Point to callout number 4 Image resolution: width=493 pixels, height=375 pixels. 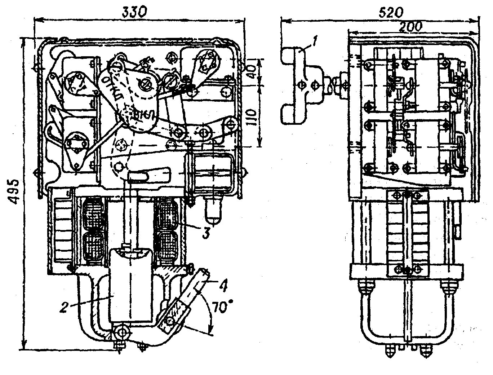tap(223, 286)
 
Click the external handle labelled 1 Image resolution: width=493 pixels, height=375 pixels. tap(296, 85)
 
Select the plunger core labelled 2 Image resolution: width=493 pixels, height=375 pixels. tap(130, 285)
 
